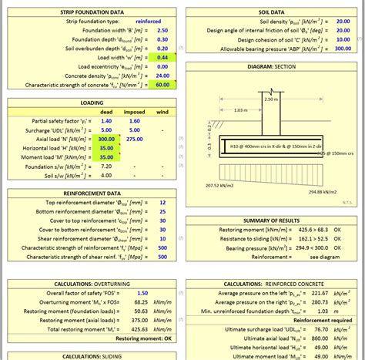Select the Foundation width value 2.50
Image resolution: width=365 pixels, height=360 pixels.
(x=162, y=31)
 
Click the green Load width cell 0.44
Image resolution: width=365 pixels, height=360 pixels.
(x=162, y=58)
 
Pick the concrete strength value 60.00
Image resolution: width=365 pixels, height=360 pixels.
(x=162, y=85)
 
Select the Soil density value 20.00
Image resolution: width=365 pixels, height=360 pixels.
(x=342, y=22)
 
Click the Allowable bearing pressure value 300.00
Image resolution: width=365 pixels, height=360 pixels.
(x=342, y=49)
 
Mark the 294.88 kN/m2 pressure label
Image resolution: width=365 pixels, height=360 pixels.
(x=324, y=191)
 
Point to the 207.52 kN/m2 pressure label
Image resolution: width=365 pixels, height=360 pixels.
(x=221, y=185)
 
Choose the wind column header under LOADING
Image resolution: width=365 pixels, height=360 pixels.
(x=162, y=112)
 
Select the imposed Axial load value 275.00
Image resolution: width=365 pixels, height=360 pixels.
(x=135, y=139)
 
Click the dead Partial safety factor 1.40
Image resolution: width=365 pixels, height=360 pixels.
(x=106, y=121)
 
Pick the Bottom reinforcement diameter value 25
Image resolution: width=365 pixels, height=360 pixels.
(x=162, y=210)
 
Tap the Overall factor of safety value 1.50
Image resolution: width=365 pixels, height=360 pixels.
(x=142, y=293)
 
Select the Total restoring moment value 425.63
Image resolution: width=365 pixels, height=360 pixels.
(x=139, y=329)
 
